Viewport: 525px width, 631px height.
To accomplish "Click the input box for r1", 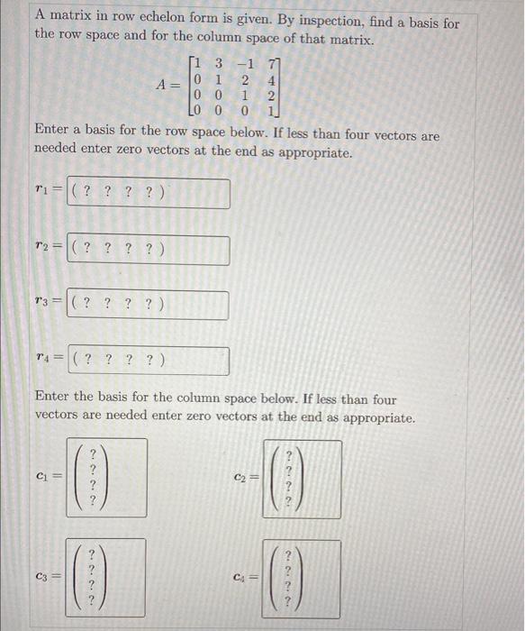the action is tap(148, 194).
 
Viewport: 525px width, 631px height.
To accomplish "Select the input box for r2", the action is tap(148, 250).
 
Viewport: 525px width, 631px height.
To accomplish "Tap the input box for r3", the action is tap(148, 305).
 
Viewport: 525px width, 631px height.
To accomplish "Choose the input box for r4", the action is tap(148, 361).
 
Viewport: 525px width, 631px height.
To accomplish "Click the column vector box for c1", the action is tap(107, 478).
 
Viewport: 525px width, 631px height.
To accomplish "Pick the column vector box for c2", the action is tap(301, 479).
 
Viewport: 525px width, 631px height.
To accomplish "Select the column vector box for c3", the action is tap(106, 577).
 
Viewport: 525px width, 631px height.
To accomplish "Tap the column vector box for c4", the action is tap(301, 578).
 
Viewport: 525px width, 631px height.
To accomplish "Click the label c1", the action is tap(43, 478).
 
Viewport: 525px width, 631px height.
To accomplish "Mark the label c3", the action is tap(43, 577).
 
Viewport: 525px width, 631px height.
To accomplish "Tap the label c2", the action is tap(240, 479).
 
